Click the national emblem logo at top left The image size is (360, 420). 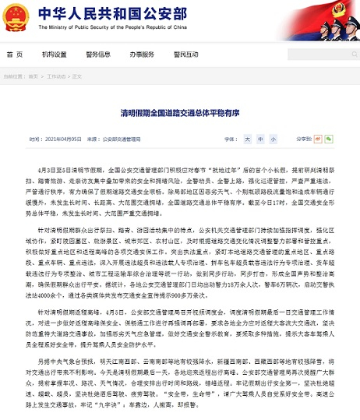[16, 16]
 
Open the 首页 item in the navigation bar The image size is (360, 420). [15, 55]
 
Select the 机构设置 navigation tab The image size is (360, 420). [55, 55]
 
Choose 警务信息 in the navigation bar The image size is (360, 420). [98, 55]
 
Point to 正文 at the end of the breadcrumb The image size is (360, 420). [76, 76]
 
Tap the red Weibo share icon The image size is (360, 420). [300, 138]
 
